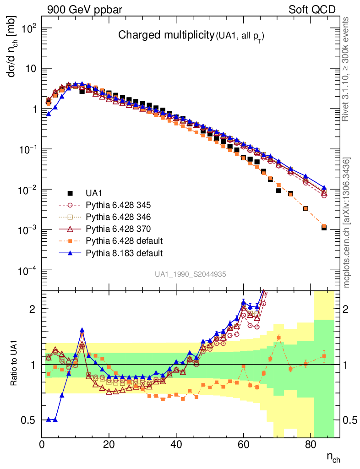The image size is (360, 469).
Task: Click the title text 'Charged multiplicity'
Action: pos(166,35)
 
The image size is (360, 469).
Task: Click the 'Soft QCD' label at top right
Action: pos(311,10)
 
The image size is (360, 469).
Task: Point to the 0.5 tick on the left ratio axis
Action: pos(28,420)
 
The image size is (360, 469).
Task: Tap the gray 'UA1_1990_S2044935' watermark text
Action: pos(190,274)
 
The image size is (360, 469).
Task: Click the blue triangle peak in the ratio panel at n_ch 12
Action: pos(82,330)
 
